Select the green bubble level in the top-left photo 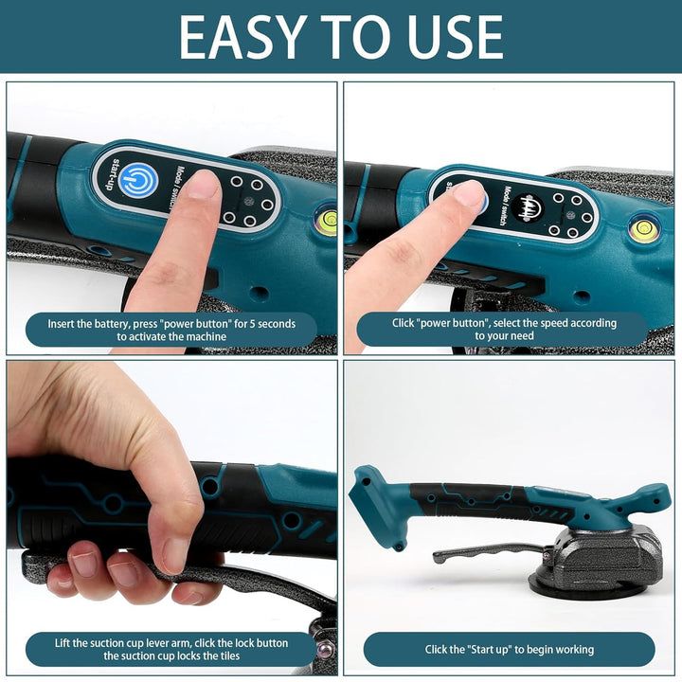click(328, 221)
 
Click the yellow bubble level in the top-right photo click(646, 228)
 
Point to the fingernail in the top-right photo click(467, 193)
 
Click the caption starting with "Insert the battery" click(171, 330)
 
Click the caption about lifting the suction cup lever click(171, 649)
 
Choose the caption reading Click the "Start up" click(509, 649)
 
